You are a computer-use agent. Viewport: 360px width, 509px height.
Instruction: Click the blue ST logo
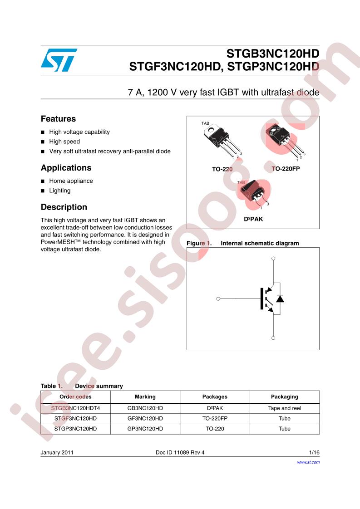59,60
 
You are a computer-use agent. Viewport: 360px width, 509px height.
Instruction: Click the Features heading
58,119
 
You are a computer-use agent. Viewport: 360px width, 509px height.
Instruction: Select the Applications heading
66,168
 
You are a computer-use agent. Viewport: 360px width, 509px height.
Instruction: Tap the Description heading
64,207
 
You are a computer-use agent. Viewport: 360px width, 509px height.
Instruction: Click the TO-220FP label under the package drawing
286,169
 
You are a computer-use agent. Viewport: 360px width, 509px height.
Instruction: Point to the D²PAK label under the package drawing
253,219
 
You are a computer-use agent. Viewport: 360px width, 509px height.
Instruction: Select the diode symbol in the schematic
280,299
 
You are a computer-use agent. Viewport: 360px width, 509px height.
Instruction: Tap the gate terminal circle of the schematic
218,299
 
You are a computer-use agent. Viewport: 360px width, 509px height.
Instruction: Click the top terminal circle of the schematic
273,259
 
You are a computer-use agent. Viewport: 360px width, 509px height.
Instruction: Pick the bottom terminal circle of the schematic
273,338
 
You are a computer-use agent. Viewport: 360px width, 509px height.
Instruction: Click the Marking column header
145,396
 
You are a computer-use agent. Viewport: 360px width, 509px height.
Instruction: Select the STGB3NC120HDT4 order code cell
75,408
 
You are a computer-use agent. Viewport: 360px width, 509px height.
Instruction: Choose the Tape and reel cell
285,408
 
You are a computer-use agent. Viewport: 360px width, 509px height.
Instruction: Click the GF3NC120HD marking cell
145,419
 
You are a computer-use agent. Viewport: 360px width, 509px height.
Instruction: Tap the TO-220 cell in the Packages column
215,429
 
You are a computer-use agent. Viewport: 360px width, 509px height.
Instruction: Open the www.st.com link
308,462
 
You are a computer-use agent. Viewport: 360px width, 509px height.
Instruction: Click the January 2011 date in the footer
57,452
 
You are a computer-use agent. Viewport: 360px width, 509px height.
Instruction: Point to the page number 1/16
314,452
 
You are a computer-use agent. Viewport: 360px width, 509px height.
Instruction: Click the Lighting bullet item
60,191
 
